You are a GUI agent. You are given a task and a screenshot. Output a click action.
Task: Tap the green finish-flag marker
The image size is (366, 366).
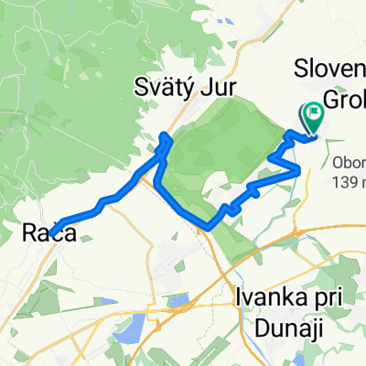click(313, 116)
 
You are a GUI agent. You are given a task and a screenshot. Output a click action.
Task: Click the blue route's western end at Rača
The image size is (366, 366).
click(53, 231)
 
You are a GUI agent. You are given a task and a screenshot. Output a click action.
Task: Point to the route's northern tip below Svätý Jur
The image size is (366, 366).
click(165, 136)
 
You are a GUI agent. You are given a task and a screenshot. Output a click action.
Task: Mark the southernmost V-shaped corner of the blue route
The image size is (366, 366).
click(210, 226)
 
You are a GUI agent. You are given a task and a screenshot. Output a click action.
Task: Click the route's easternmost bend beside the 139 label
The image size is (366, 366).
click(299, 170)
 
